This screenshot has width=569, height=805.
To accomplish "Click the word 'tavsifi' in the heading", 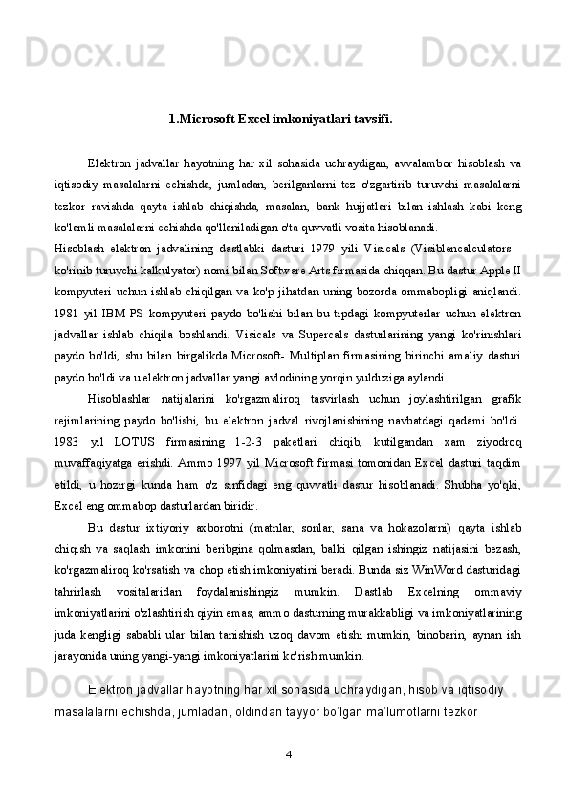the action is [369, 120].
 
